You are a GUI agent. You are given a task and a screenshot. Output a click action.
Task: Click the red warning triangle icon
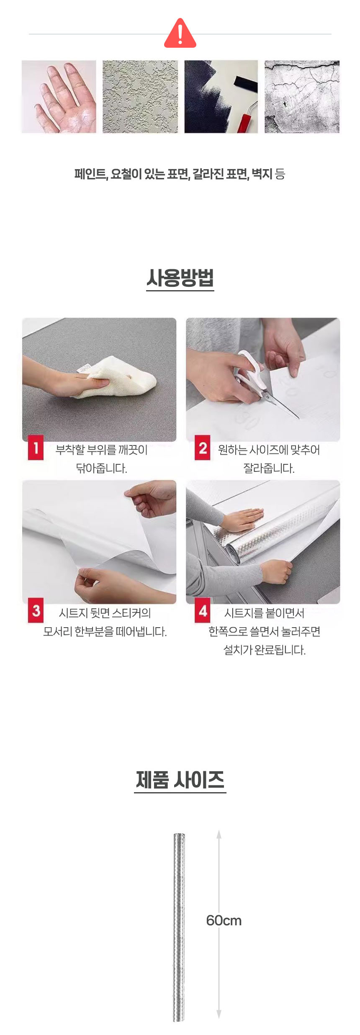pyautogui.click(x=180, y=33)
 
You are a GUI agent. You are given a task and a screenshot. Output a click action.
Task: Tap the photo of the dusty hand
pyautogui.click(x=59, y=97)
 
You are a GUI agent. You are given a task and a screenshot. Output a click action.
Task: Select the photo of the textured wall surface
pyautogui.click(x=140, y=97)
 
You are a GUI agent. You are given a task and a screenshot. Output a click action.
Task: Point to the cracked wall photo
pyautogui.click(x=302, y=97)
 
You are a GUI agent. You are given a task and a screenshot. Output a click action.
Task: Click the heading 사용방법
pyautogui.click(x=180, y=278)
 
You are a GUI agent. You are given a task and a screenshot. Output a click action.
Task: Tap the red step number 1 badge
pyautogui.click(x=36, y=448)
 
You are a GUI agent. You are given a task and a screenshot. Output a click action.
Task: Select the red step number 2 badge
pyautogui.click(x=203, y=448)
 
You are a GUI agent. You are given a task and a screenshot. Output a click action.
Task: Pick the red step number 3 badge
pyautogui.click(x=36, y=610)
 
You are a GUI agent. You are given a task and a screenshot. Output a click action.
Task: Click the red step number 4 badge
pyautogui.click(x=203, y=610)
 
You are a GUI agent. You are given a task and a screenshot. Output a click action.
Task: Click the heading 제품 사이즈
pyautogui.click(x=180, y=780)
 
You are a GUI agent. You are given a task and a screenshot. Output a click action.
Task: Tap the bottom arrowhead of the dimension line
pyautogui.click(x=219, y=1014)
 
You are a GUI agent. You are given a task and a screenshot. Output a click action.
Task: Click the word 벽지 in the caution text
pyautogui.click(x=262, y=174)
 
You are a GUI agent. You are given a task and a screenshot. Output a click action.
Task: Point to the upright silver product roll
pyautogui.click(x=179, y=927)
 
